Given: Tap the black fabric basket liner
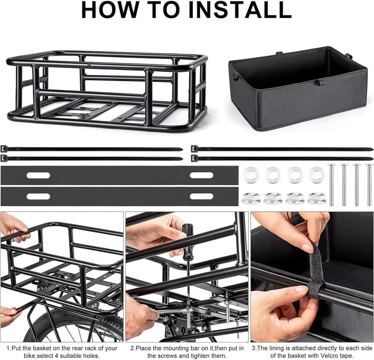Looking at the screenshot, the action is coord(298,88).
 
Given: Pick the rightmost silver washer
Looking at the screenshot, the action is coord(317,175).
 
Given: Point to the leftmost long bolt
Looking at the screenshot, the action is coord(331,185).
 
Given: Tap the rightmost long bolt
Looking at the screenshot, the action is coord(369,185).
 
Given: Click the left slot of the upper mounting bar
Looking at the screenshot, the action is coord(39,176).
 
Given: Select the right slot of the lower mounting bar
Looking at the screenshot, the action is coord(201,197).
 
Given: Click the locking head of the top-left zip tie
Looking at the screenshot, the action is coord(4,149).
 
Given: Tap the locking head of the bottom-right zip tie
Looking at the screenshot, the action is coord(194,158).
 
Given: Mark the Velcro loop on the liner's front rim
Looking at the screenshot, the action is coord(318,83).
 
